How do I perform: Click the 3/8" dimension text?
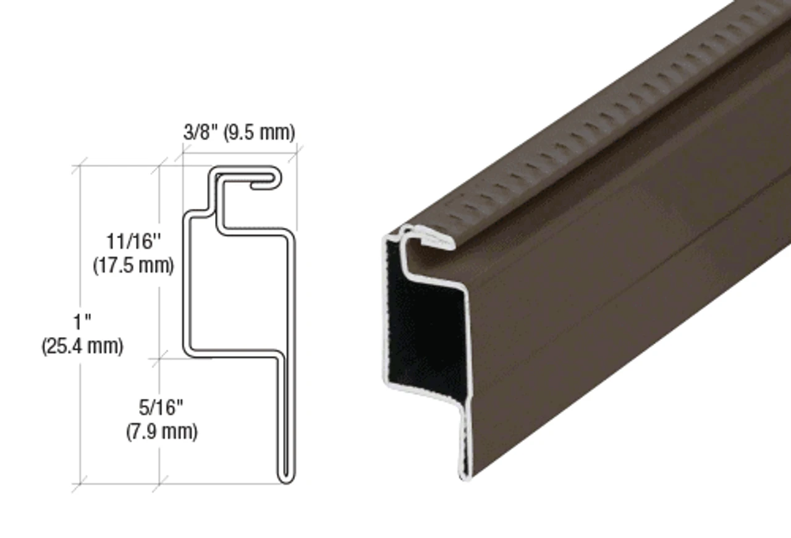point(198,132)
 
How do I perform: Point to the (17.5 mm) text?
point(133,266)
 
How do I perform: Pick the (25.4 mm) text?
point(82,346)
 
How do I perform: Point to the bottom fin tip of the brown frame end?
point(465,473)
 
